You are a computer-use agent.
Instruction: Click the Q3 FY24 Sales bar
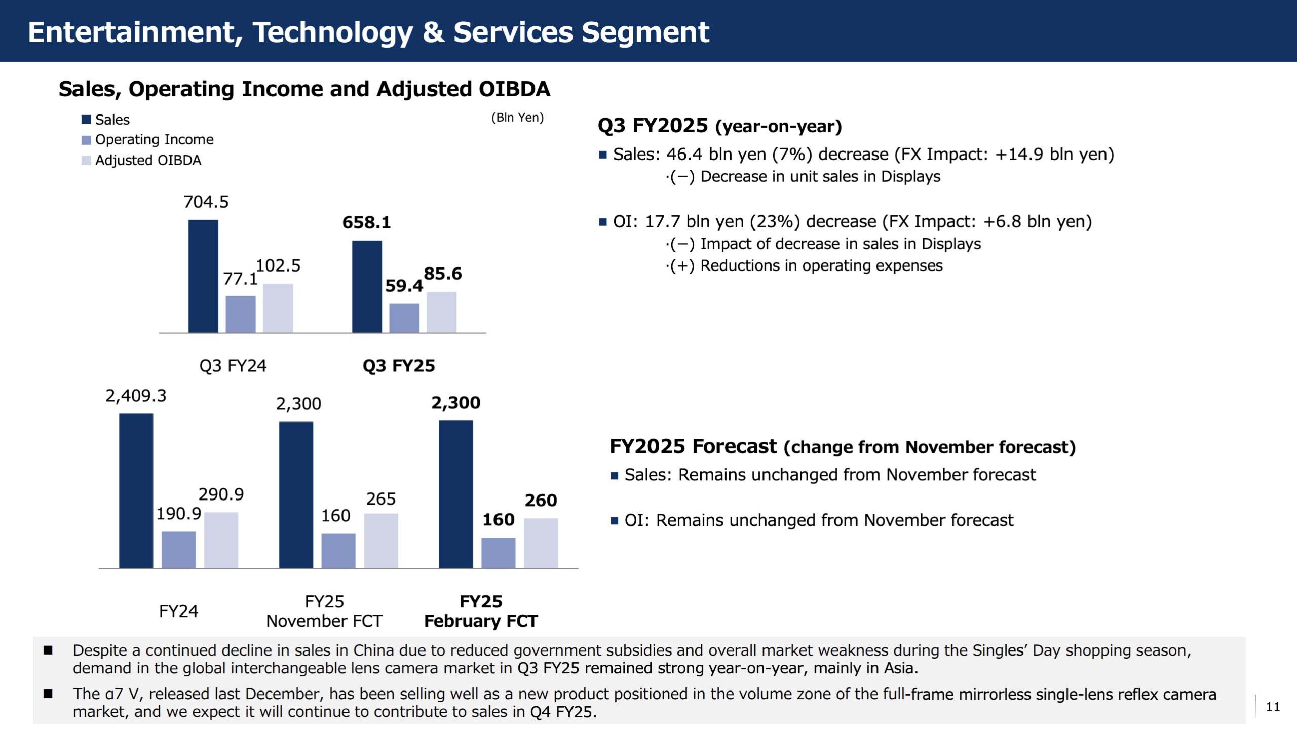pos(203,276)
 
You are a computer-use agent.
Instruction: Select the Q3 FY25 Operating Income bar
pos(404,318)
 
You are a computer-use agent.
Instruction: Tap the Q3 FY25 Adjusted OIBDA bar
pos(441,312)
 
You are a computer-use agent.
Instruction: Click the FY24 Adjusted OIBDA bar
pos(221,540)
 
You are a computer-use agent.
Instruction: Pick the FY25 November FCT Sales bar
pos(296,495)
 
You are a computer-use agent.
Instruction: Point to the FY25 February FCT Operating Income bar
pos(498,553)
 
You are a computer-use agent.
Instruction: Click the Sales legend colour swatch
pos(86,120)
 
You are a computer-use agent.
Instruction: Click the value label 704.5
pos(206,202)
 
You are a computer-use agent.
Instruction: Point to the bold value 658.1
pos(366,222)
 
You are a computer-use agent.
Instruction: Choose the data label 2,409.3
pos(136,396)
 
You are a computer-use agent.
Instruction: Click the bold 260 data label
pos(541,501)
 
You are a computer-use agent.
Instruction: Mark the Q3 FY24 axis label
pos(233,366)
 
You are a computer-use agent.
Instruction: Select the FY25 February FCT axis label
pos(481,611)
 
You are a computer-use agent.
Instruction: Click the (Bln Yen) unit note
pos(517,118)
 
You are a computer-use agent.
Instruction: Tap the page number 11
pos(1273,707)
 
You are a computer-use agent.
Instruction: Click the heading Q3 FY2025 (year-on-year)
pos(719,126)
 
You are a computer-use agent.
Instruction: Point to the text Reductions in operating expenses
pos(821,265)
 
